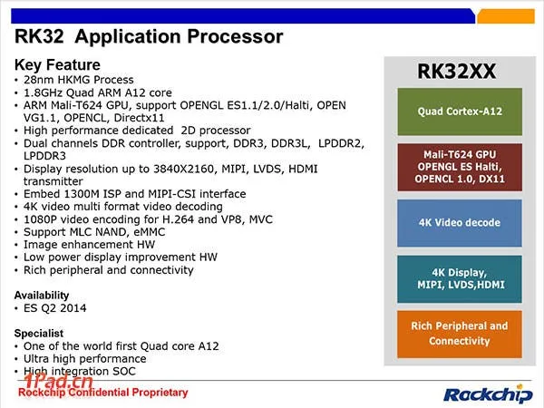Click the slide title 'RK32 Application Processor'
point(150,37)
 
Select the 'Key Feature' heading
point(57,65)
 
